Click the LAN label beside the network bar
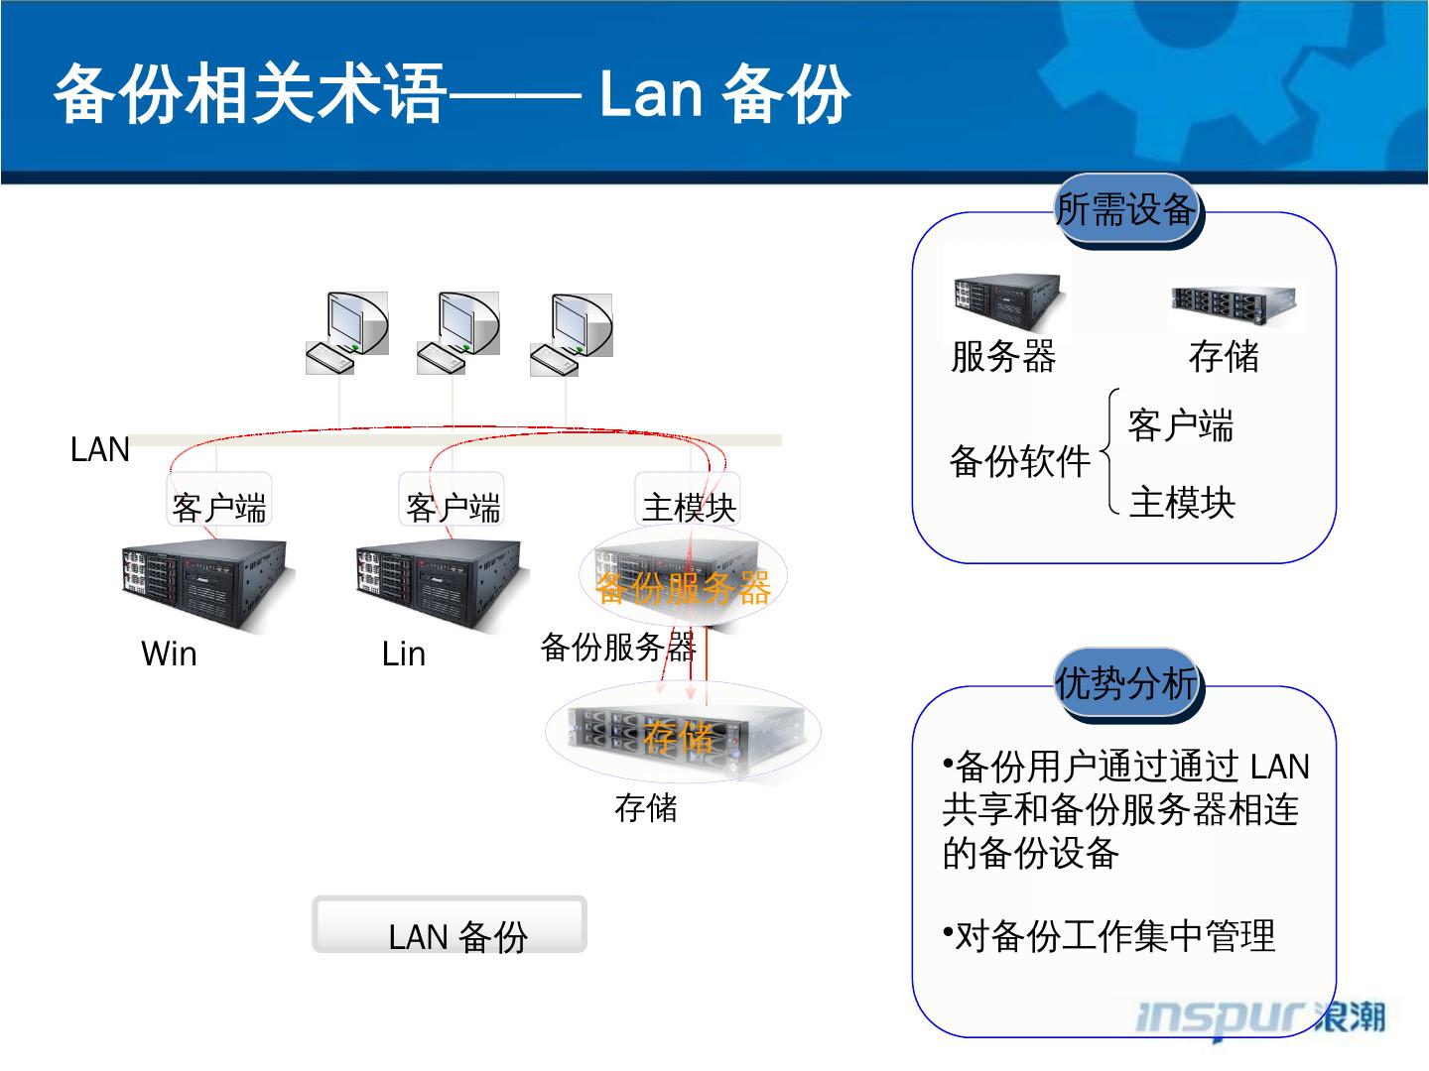[x=100, y=450]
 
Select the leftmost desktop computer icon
[x=345, y=333]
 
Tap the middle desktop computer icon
[x=457, y=333]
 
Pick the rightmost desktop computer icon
[x=571, y=333]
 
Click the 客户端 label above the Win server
[x=219, y=508]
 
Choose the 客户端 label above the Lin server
[x=453, y=508]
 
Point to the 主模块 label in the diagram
[x=689, y=508]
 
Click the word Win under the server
[x=169, y=654]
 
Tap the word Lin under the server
[x=403, y=654]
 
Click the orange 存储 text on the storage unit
[x=678, y=737]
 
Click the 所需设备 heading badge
[x=1125, y=210]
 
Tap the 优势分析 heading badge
[x=1125, y=684]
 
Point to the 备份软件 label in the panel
[x=1020, y=462]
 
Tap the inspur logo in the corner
[x=1260, y=1017]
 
